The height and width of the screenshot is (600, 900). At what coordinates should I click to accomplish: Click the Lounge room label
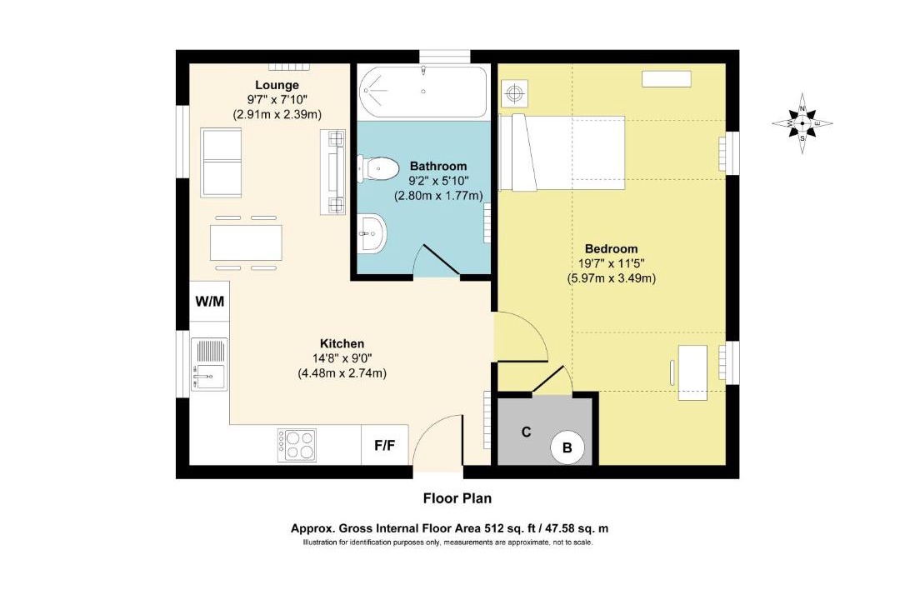tap(277, 86)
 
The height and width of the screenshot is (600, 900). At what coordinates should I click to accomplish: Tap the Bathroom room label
tap(438, 167)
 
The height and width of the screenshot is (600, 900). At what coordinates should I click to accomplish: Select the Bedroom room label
tap(612, 248)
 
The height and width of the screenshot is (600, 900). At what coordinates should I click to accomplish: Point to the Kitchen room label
tap(342, 343)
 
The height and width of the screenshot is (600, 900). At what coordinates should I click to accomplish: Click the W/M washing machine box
tap(209, 302)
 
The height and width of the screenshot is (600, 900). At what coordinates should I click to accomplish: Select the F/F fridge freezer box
tap(384, 445)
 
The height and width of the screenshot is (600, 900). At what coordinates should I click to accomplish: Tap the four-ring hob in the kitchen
tap(297, 445)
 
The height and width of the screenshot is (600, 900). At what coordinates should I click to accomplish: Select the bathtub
tap(422, 91)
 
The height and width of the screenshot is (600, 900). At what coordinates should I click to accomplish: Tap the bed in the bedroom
tap(562, 152)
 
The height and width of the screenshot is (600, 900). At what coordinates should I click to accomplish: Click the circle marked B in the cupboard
tap(567, 447)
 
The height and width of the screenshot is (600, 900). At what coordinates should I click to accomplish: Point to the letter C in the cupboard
tap(527, 432)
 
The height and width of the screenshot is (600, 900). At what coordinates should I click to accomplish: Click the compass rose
tap(802, 122)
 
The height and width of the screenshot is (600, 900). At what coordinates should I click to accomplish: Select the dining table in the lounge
tap(246, 242)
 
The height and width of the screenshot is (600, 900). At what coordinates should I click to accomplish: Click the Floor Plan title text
tap(457, 498)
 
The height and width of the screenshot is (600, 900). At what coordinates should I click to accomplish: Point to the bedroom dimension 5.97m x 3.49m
tap(612, 278)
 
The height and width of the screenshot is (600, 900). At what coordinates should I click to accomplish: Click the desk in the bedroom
tap(692, 372)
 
